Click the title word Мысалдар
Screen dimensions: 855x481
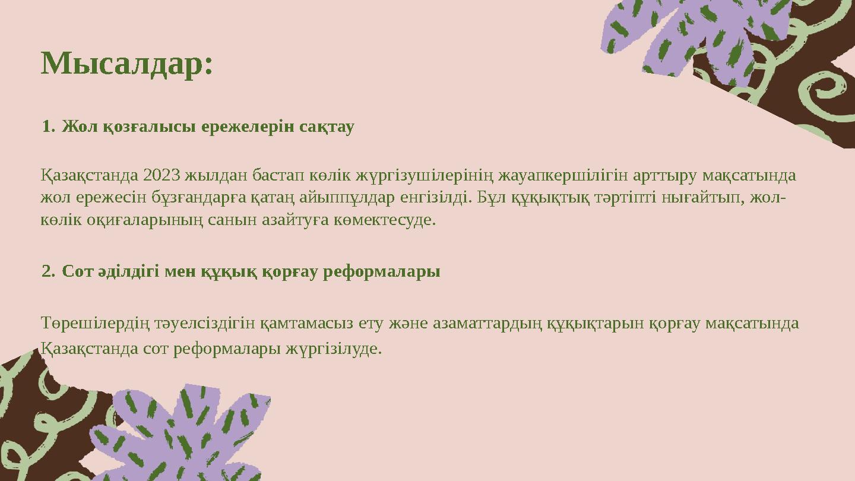click(126, 64)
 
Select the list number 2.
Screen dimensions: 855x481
click(49, 271)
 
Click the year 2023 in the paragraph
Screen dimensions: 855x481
click(162, 175)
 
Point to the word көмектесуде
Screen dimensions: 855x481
click(385, 221)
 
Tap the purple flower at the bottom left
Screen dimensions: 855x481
click(180, 435)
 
